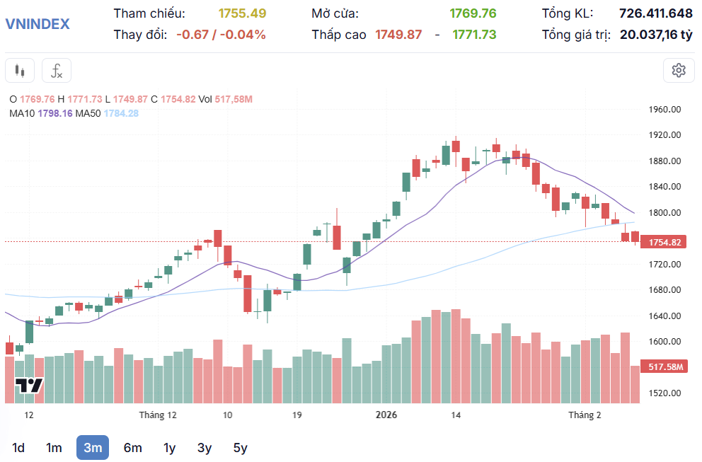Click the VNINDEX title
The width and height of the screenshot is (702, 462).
coord(38,23)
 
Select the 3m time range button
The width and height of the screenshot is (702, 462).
coord(93,447)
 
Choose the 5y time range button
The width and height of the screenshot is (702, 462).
coord(240,447)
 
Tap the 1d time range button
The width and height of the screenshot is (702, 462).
coord(18,447)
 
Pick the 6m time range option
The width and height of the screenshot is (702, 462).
coord(132,447)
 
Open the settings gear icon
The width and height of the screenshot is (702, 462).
coord(679,70)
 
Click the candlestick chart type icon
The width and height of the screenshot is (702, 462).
coord(19,71)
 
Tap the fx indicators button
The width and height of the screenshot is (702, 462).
coord(57,71)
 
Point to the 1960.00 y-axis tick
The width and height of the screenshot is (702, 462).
coord(664,110)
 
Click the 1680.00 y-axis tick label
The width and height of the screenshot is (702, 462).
coord(664,290)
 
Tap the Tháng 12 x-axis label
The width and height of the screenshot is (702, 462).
coord(158,415)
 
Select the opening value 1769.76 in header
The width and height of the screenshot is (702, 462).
coord(473,13)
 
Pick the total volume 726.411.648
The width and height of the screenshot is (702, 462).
coord(655,13)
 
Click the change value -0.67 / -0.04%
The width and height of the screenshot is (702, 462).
coord(221,34)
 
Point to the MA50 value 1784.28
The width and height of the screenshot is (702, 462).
coord(121,113)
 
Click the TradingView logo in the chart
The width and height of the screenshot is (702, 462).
coord(30,386)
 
